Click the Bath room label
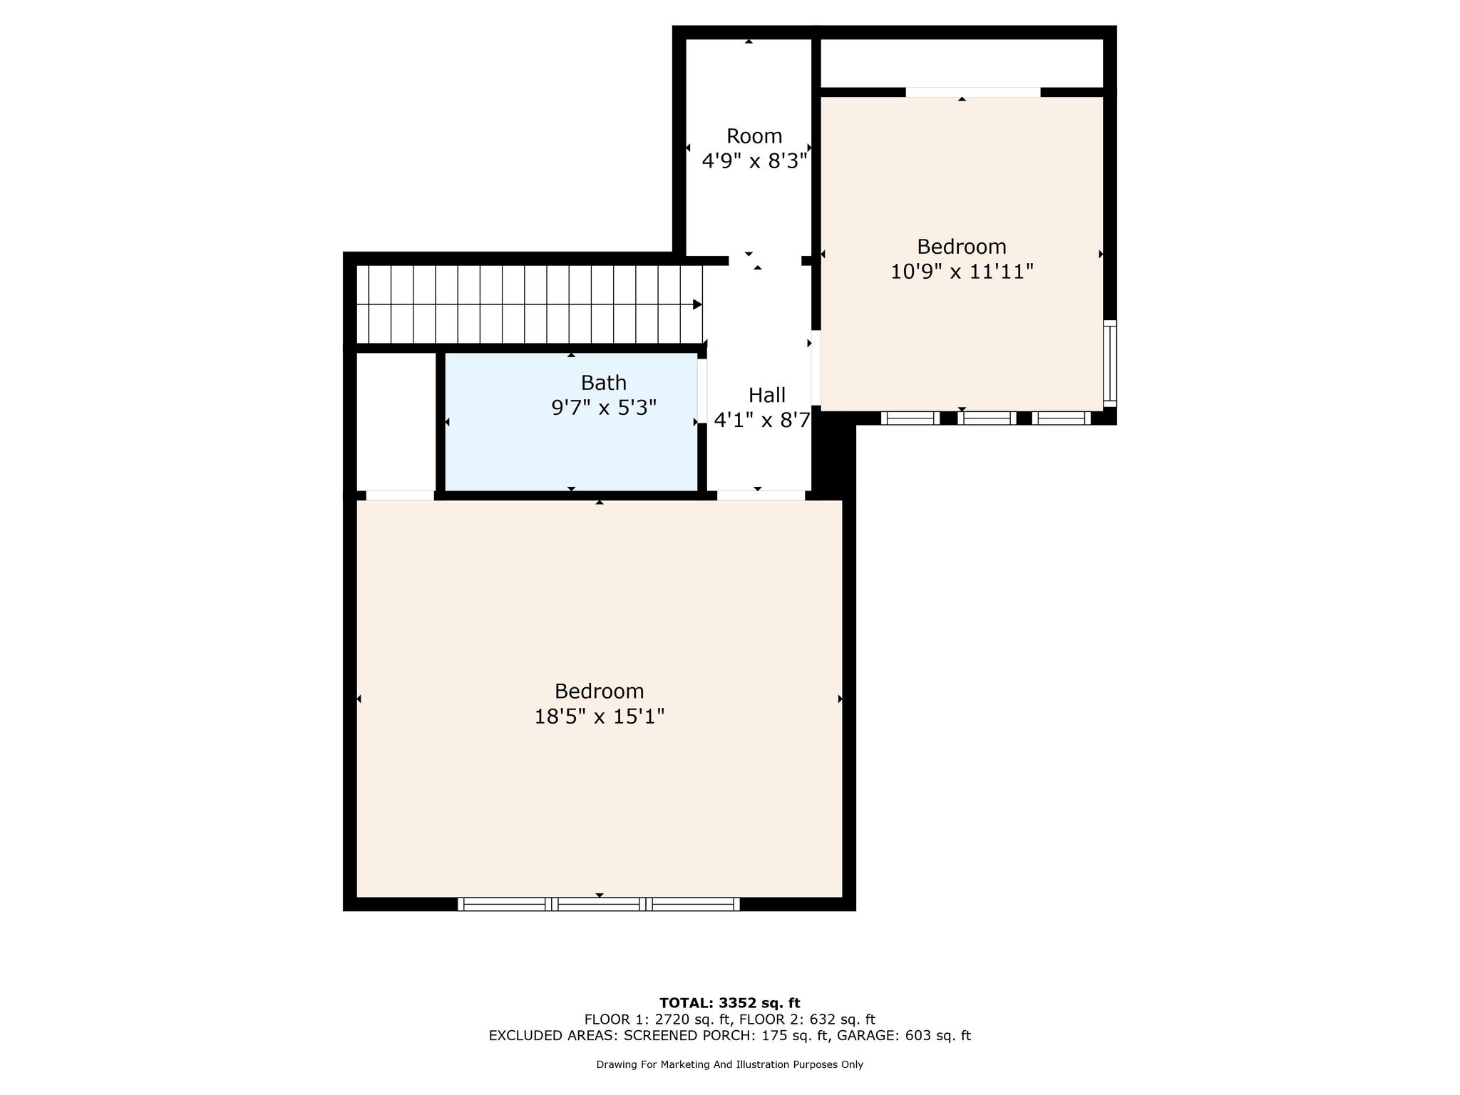click(603, 383)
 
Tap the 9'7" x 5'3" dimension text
click(604, 408)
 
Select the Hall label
click(767, 395)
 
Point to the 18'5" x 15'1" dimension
click(600, 716)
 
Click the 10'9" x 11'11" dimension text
click(962, 272)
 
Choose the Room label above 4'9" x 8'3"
click(754, 136)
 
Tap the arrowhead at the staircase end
click(698, 304)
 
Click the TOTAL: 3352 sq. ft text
click(730, 1003)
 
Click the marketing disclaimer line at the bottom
click(729, 1064)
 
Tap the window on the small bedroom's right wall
click(1110, 364)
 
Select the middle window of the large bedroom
click(599, 905)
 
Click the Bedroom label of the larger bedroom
click(600, 692)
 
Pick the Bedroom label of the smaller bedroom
click(962, 247)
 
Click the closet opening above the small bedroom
click(973, 92)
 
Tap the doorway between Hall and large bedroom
click(761, 495)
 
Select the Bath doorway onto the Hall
click(702, 391)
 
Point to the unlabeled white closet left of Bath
click(396, 421)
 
